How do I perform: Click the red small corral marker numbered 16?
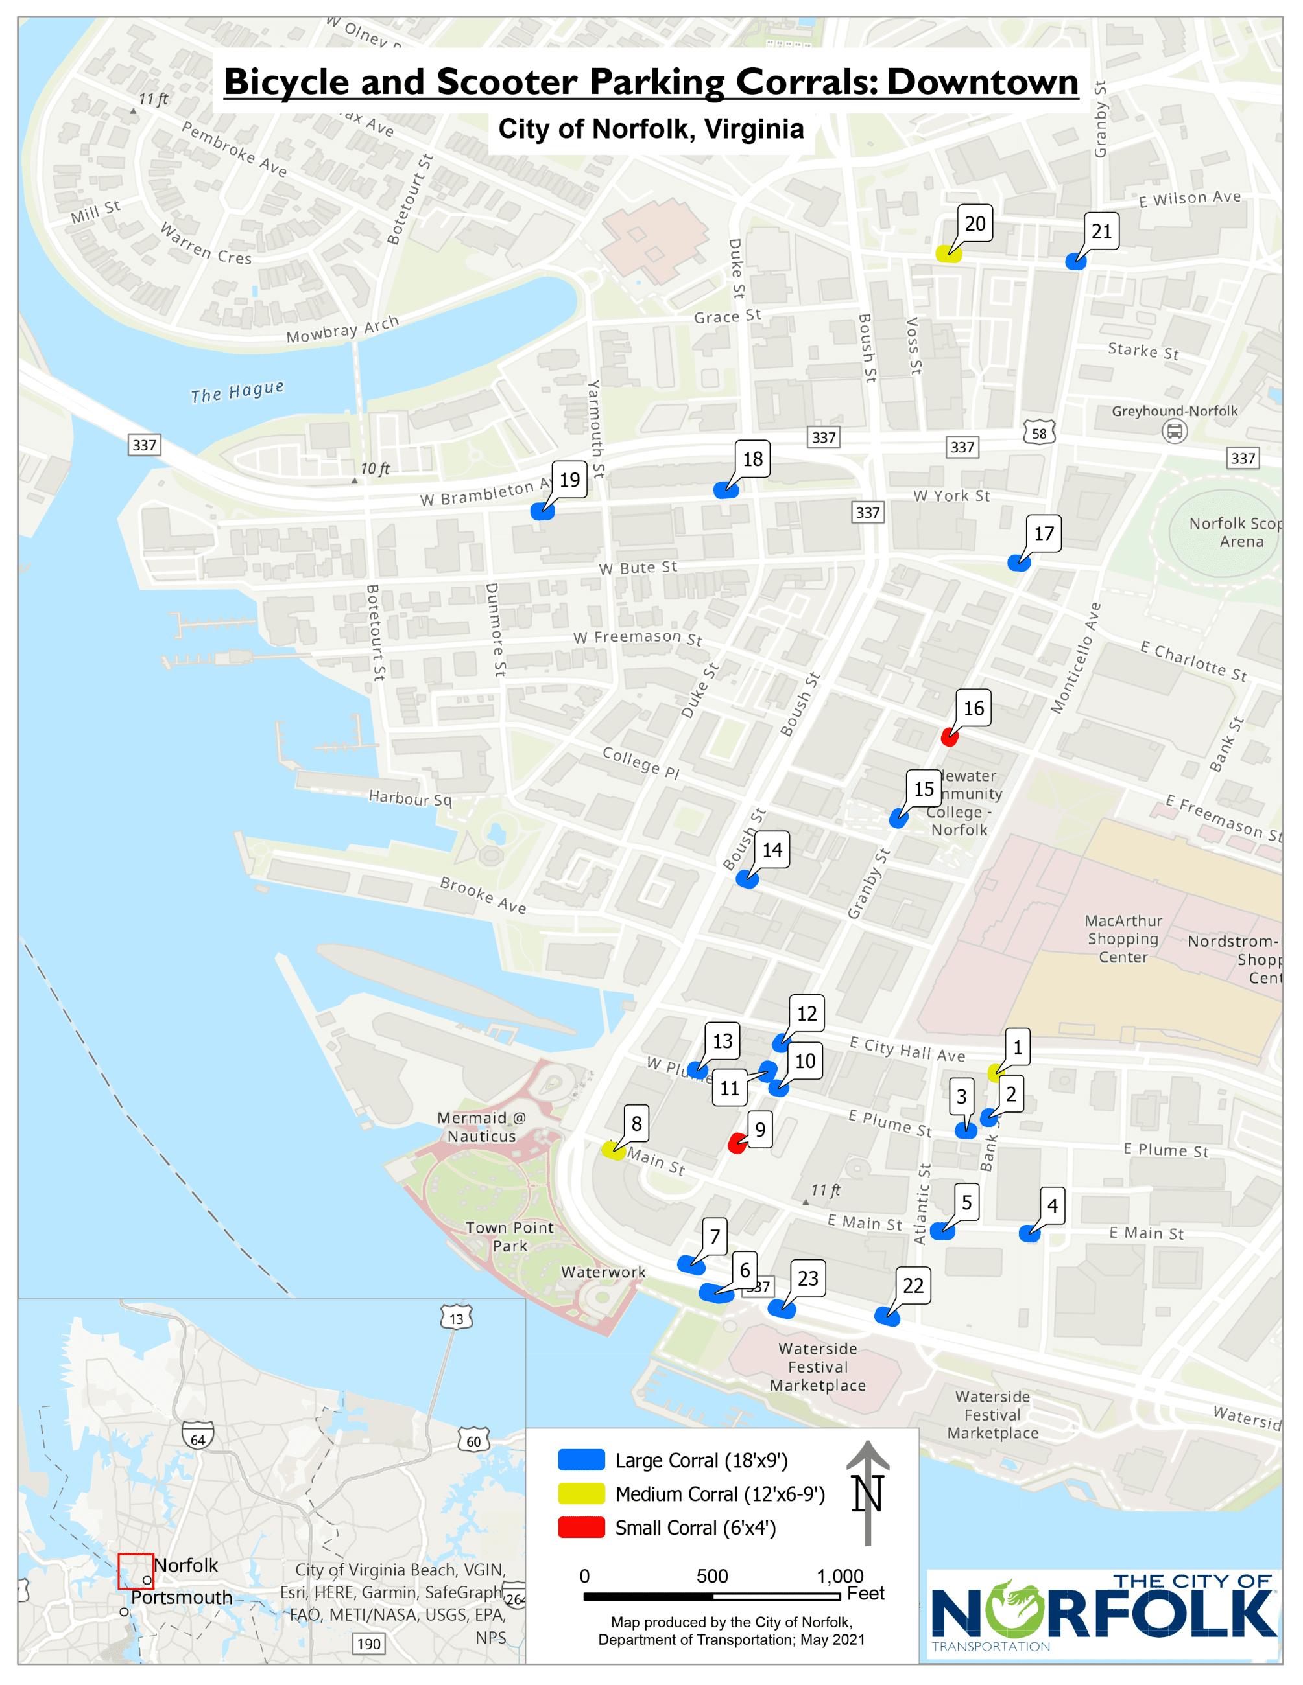coord(950,738)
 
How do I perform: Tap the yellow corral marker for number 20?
coord(948,254)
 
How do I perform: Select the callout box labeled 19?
coord(569,480)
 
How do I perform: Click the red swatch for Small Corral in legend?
coord(581,1527)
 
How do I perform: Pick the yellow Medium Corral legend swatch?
coord(581,1493)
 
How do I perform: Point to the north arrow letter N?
coord(867,1494)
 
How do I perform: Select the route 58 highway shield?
coord(1039,433)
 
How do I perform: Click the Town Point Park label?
coord(510,1236)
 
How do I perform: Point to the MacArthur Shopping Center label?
coord(1123,938)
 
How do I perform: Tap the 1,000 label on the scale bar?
coord(840,1575)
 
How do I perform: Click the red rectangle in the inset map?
coord(135,1571)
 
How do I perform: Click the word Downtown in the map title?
coord(982,82)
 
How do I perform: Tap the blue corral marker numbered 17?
coord(1019,563)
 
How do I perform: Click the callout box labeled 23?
coord(807,1279)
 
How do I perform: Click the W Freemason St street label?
coord(638,637)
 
